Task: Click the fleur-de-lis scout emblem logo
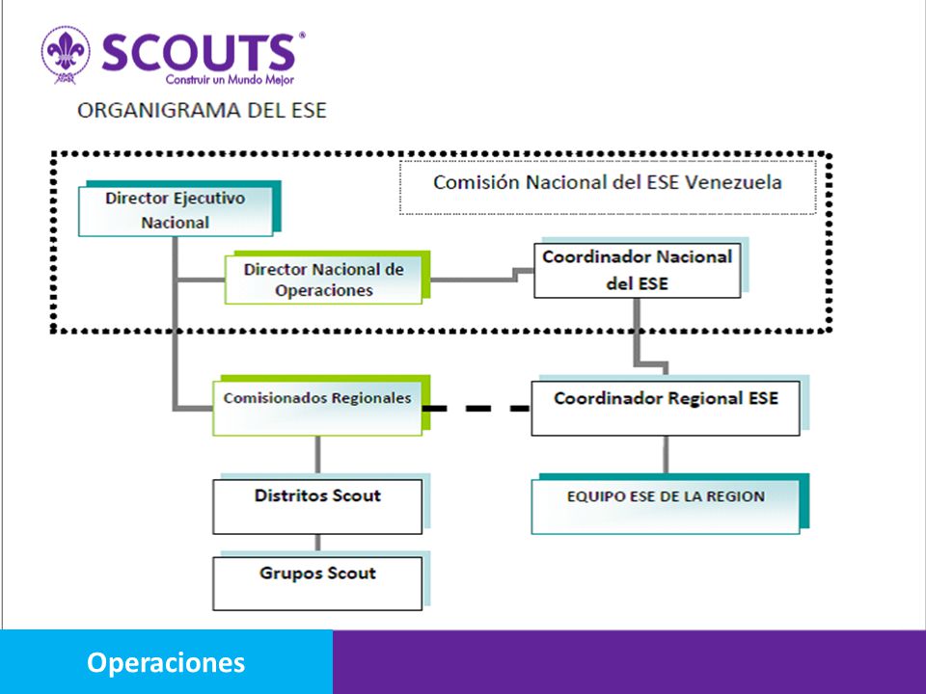(66, 54)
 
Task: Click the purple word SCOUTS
(199, 52)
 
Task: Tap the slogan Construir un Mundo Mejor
(230, 80)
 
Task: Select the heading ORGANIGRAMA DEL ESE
(202, 110)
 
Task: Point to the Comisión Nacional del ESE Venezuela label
(608, 182)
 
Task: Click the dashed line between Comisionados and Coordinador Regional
(477, 408)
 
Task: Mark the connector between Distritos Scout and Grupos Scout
(317, 543)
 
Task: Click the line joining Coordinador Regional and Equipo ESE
(666, 454)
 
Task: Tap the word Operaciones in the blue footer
(166, 662)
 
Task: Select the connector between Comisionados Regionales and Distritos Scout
(317, 454)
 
